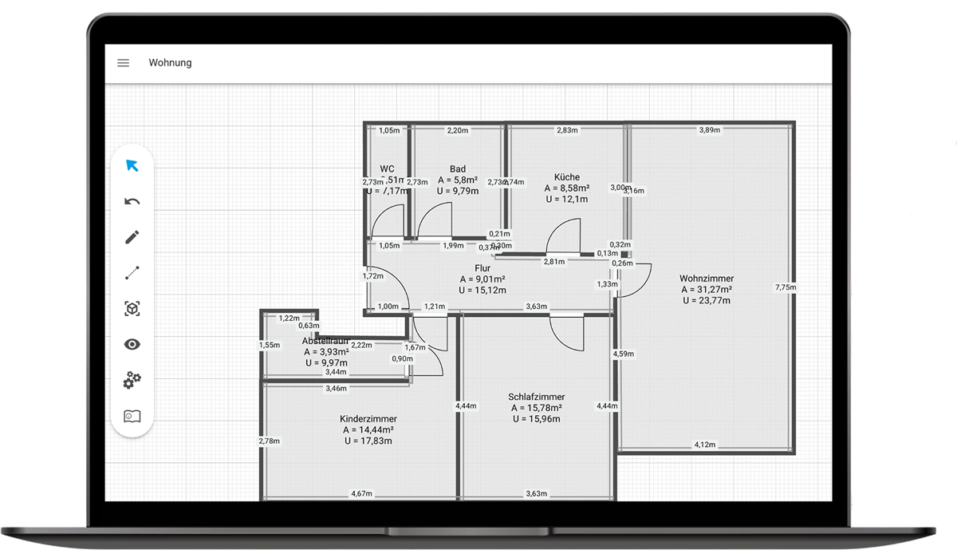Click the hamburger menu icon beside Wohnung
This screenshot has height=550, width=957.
pos(124,63)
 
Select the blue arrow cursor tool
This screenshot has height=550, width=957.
pos(132,166)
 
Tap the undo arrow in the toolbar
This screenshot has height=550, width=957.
pos(132,202)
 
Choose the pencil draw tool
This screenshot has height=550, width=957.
pos(132,237)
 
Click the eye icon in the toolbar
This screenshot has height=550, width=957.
pos(132,345)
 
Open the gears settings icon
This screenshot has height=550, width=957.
pos(132,380)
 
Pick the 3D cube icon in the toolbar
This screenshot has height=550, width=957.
pos(132,309)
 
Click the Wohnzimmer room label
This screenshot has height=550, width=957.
pos(707,279)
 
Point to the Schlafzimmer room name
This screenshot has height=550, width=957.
pos(536,397)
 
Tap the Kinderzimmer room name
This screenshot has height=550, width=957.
pos(368,419)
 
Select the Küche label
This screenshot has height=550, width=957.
pos(567,177)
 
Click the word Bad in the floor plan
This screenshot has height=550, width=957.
pos(458,169)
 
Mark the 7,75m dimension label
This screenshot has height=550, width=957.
pos(785,287)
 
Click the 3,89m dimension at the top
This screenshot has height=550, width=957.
pos(710,130)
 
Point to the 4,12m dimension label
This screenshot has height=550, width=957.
pos(705,445)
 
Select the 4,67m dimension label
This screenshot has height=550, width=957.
pos(362,494)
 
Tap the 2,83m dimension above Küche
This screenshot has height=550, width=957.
pos(567,130)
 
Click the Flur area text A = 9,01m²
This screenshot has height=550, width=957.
pos(482,279)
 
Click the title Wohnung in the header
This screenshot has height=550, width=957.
pos(170,63)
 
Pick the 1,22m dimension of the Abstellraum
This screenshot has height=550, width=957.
pos(289,319)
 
